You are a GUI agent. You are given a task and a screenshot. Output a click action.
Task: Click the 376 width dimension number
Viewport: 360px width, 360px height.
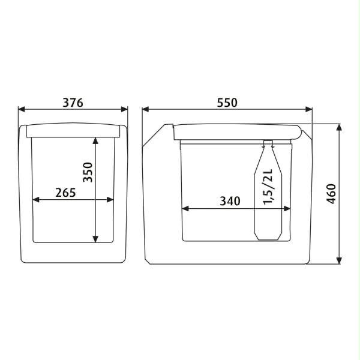(x=73, y=103)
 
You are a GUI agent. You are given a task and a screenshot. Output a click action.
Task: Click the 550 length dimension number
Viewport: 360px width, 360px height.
(x=227, y=103)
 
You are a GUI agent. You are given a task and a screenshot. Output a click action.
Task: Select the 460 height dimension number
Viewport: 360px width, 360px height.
(x=331, y=194)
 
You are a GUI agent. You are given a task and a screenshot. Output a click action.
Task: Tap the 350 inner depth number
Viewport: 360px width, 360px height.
(x=88, y=172)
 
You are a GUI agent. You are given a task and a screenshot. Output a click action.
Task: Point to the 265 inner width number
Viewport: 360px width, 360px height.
(x=65, y=193)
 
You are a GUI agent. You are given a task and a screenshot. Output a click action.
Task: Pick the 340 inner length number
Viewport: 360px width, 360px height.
(x=230, y=201)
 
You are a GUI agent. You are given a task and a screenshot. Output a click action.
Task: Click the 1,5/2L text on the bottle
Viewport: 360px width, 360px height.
(x=268, y=187)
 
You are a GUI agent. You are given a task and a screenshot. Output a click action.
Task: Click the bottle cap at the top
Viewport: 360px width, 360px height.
(x=268, y=143)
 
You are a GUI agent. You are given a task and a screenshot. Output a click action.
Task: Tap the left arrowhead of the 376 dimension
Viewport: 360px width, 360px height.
(x=22, y=109)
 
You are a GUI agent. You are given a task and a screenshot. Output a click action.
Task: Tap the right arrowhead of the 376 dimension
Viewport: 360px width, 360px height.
(x=124, y=109)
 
